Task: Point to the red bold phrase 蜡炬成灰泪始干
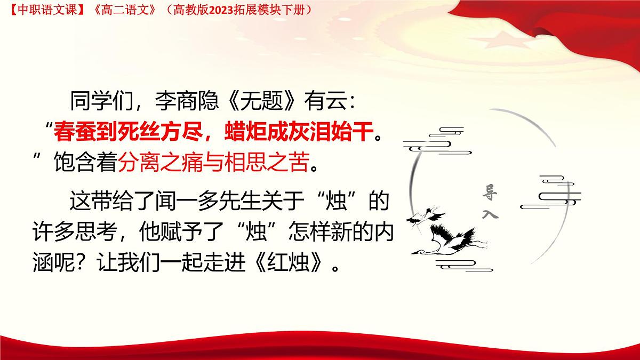click(296, 131)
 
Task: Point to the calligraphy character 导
click(489, 191)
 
